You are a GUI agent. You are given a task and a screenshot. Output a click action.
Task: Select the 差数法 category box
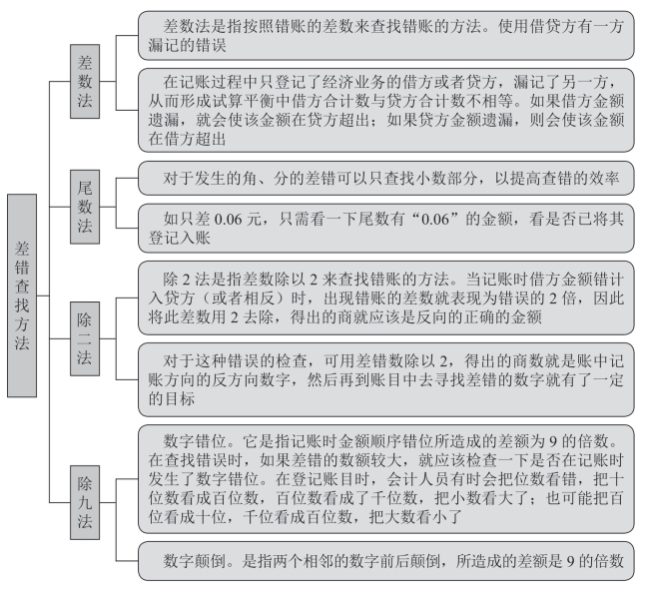point(85,79)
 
